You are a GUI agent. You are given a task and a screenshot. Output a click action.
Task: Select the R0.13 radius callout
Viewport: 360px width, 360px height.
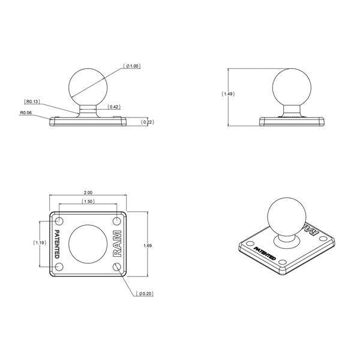(33, 101)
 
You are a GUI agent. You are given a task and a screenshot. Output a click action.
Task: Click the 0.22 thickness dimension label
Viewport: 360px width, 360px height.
(147, 122)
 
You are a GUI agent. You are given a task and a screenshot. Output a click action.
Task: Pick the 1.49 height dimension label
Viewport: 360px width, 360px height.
(229, 94)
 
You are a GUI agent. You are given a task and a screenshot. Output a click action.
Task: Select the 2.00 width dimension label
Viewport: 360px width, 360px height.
(88, 193)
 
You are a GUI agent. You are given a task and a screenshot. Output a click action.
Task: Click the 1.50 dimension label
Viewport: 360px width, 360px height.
(88, 202)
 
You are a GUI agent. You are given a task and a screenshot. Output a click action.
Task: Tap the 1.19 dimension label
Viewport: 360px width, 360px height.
(40, 243)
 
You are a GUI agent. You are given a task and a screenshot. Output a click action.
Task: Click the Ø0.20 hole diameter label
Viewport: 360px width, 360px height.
(146, 294)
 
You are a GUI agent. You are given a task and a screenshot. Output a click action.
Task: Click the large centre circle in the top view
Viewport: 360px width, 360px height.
(88, 244)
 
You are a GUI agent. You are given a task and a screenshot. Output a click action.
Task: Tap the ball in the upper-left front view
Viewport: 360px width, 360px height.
(88, 85)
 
